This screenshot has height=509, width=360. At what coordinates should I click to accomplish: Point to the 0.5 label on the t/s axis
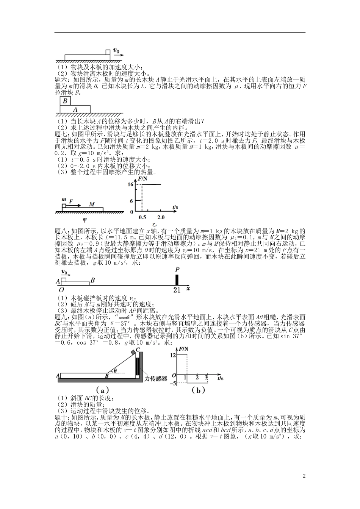142,217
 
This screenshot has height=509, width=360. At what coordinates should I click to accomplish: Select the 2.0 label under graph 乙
161,217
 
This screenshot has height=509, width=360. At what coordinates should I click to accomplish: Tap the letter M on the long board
92,205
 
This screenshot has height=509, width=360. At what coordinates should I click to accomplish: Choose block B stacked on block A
65,101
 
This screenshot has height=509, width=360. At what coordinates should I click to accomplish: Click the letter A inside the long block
75,109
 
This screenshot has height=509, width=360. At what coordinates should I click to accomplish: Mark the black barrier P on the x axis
177,280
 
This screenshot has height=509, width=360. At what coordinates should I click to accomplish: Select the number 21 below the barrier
177,290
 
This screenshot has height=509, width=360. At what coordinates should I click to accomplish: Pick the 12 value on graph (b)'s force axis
174,355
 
